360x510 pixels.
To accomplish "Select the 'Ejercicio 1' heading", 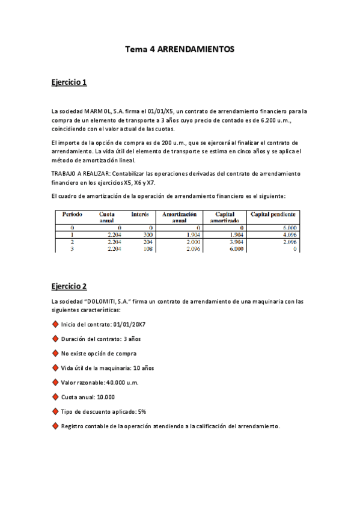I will tap(69, 82).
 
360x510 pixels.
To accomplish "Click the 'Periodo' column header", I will tap(73, 214).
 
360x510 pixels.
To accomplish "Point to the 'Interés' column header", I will tap(140, 214).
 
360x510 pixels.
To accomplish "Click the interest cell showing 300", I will tap(147, 235).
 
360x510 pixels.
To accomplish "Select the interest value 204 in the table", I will tap(147, 242).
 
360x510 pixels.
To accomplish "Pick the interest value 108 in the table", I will tap(147, 248).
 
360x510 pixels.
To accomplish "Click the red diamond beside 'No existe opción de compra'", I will tap(55, 353).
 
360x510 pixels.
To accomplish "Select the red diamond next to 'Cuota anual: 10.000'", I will tap(55, 397).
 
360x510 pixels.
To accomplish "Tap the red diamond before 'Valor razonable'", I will tap(55, 382).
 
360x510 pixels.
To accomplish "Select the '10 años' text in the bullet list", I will tap(141, 368).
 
